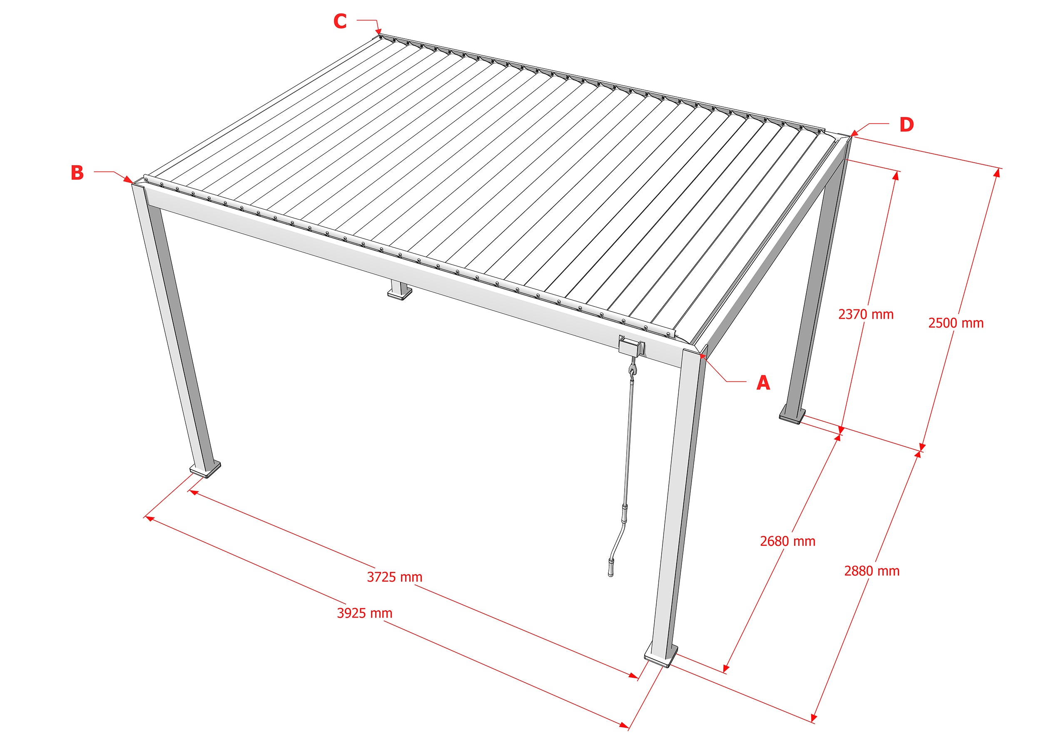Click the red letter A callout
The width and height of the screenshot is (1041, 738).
click(x=763, y=383)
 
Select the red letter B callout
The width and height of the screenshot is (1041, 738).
click(x=77, y=173)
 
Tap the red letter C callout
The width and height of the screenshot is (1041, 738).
click(x=340, y=21)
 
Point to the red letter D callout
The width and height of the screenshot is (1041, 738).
click(x=907, y=124)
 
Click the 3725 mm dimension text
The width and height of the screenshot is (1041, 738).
click(x=394, y=577)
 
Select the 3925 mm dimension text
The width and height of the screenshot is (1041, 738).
click(x=364, y=613)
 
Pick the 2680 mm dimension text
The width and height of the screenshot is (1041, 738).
click(x=787, y=541)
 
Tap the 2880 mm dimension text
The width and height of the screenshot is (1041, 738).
click(x=872, y=571)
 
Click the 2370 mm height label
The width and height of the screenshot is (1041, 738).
click(x=865, y=314)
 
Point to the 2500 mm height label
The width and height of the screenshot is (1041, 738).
click(x=956, y=323)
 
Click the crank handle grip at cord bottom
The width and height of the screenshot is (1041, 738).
click(x=611, y=569)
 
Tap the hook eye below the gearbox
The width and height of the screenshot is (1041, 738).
click(x=632, y=372)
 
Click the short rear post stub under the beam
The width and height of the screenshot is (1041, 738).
click(x=400, y=291)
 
